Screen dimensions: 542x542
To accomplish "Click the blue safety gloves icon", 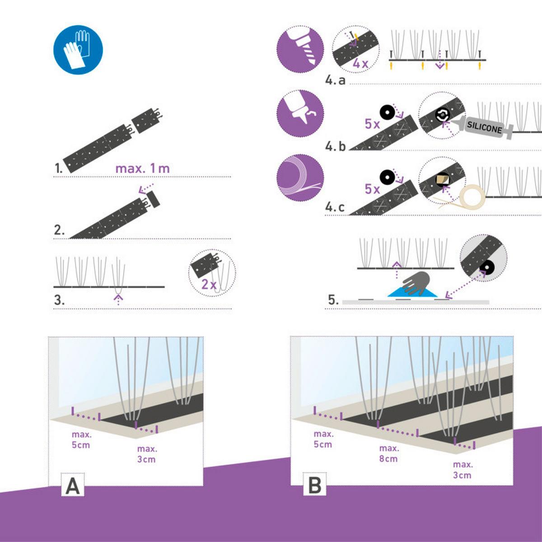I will point(78,49).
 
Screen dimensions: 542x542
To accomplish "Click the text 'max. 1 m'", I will point(143,168).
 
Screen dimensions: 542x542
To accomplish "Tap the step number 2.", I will point(59,230).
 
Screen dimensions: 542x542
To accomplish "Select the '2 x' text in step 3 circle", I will point(209,285).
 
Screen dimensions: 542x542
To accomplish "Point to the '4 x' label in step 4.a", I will point(360,64).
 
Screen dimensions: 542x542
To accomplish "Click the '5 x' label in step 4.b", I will point(372,124).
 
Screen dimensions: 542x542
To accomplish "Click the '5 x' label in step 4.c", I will point(372,189).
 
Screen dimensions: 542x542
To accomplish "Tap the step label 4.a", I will point(335,80).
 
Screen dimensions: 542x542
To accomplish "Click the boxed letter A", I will point(73,486).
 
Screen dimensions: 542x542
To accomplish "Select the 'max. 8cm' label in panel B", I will point(389,453).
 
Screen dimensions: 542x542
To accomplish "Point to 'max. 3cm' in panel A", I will point(147,454).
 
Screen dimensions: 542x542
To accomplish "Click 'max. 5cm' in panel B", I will point(323,439).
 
